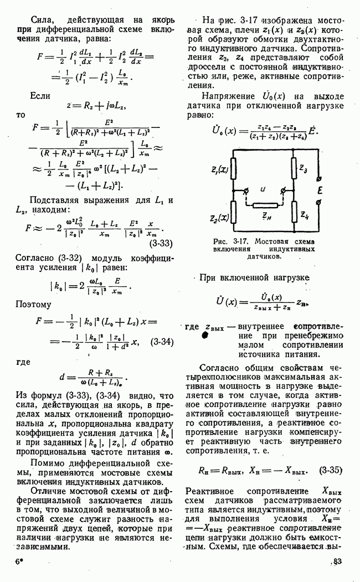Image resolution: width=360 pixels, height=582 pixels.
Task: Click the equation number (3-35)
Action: (330, 471)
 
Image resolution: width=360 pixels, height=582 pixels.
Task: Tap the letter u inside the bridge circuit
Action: (263, 189)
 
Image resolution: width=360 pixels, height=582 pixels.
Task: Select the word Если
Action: (40, 95)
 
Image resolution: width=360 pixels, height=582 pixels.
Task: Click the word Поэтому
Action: (33, 304)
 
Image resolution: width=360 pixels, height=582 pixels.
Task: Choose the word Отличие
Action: (50, 492)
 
